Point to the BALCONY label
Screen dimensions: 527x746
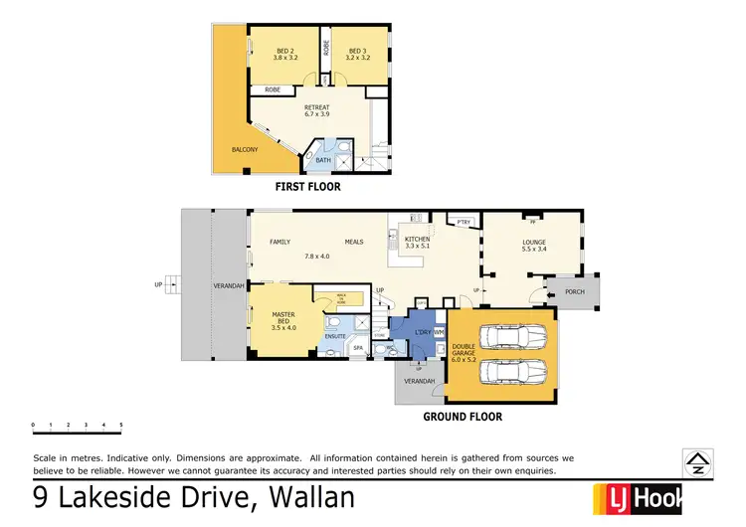coord(245,150)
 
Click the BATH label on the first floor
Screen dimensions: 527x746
coord(323,159)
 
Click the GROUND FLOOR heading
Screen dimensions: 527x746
coord(463,417)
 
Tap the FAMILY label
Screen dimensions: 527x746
coord(280,242)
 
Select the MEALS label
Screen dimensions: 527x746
coord(354,242)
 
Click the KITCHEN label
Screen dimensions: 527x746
coord(418,240)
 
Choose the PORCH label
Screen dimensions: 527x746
coord(574,292)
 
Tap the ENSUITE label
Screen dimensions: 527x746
coord(334,336)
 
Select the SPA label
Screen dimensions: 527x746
coord(358,348)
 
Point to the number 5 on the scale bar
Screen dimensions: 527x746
coord(121,426)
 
